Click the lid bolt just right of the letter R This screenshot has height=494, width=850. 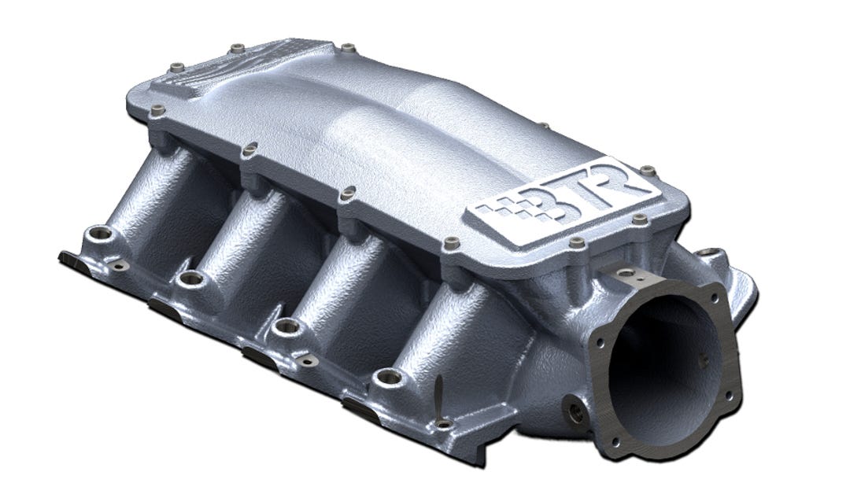click(x=647, y=169)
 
